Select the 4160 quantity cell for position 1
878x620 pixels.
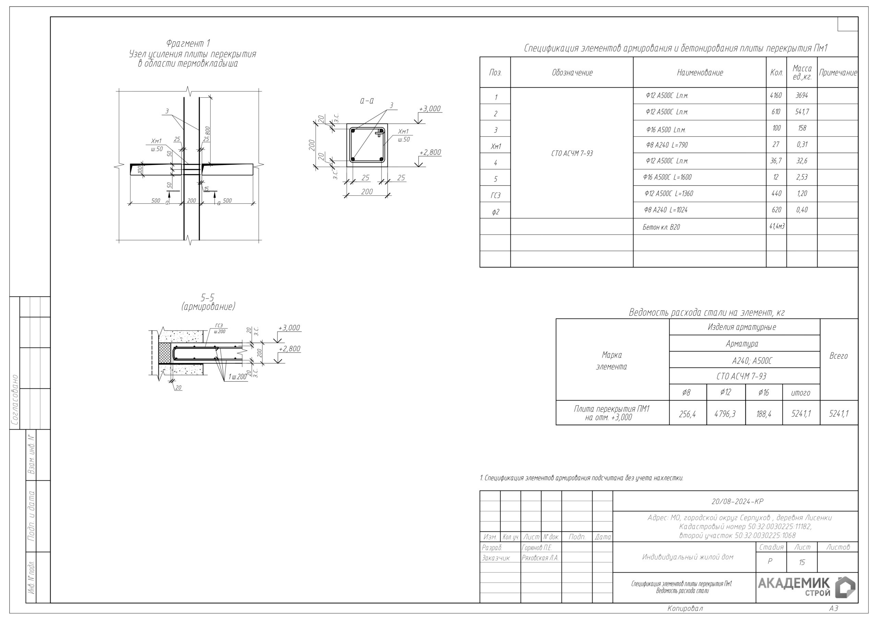(x=775, y=96)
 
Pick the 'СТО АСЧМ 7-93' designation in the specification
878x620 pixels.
(x=572, y=153)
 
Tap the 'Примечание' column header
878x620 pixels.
(x=838, y=73)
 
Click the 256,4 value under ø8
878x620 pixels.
(x=687, y=414)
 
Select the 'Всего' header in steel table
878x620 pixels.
(x=838, y=356)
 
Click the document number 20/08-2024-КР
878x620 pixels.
(x=737, y=501)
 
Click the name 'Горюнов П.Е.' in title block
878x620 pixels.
(x=537, y=547)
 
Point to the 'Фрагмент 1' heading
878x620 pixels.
(x=188, y=43)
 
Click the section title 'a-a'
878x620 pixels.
(x=367, y=101)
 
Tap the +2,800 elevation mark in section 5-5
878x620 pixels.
(x=289, y=349)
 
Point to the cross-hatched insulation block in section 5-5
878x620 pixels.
(x=165, y=352)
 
